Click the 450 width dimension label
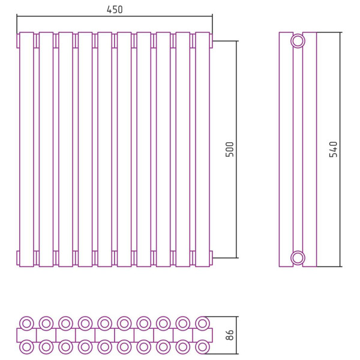[115, 10]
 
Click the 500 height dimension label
[230, 149]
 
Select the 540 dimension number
[334, 149]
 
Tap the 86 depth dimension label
[230, 335]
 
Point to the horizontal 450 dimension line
[115, 16]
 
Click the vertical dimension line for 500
[236, 149]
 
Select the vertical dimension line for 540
[340, 149]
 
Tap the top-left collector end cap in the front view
[18, 41]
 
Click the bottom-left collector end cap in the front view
[18, 258]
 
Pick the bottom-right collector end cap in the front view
[211, 258]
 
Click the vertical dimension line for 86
[236, 335]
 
